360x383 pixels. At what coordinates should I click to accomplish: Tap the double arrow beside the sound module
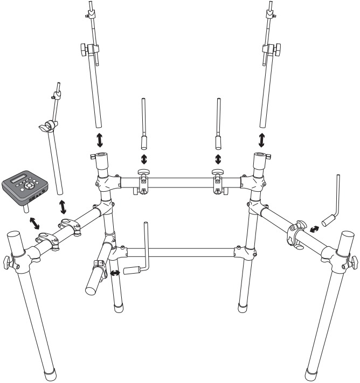pyautogui.click(x=33, y=221)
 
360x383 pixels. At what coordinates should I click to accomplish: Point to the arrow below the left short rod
pyautogui.click(x=144, y=159)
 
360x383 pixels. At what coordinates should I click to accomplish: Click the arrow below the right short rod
pyautogui.click(x=218, y=159)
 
